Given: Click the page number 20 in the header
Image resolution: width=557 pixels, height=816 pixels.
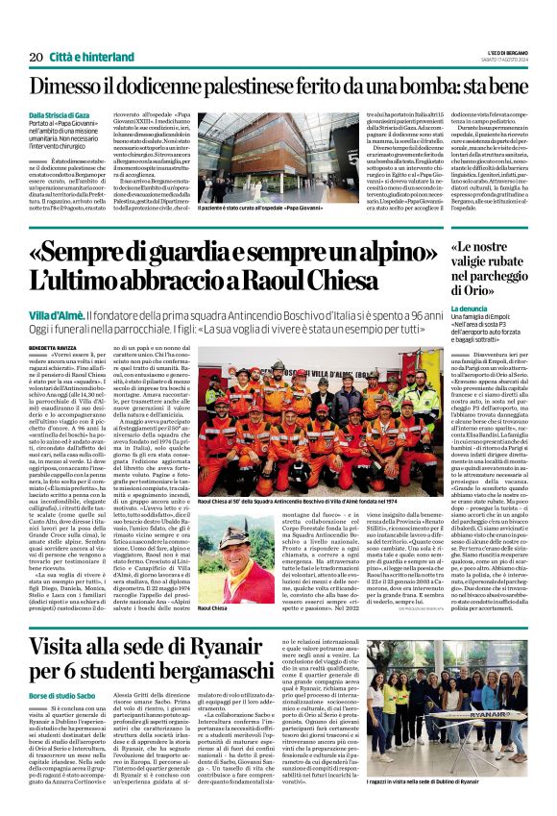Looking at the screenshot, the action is coord(36,57).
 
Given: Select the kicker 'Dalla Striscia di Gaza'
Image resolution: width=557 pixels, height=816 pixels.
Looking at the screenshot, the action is coord(62,116).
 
